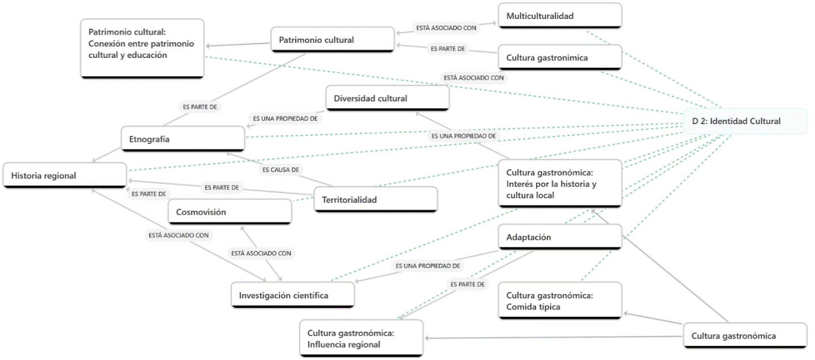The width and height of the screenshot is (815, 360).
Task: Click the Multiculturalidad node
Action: (560, 16)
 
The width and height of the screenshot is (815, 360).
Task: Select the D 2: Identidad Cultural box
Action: (745, 121)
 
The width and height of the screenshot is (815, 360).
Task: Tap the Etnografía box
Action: (183, 139)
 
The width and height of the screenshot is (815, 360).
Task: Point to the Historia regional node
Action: (65, 175)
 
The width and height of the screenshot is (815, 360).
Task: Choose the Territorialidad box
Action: (376, 200)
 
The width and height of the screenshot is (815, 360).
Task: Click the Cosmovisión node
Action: (230, 212)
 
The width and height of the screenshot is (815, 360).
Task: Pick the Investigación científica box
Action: (293, 295)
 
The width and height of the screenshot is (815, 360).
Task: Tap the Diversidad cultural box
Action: (387, 98)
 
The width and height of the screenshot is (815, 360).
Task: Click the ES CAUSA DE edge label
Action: (280, 169)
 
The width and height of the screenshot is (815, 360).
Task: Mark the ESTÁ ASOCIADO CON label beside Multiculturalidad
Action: (446, 27)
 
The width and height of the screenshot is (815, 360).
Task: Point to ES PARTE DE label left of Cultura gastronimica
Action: (447, 49)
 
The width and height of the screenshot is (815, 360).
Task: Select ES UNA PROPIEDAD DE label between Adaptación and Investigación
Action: (428, 265)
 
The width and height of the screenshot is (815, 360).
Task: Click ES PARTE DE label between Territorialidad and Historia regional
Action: (221, 187)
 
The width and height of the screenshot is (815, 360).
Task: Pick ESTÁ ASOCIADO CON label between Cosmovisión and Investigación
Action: (261, 254)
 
